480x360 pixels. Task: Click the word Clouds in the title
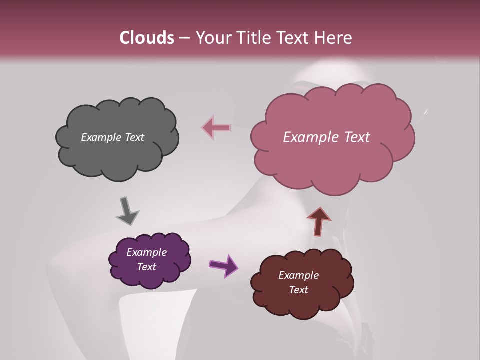146,37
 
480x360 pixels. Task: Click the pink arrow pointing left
216,128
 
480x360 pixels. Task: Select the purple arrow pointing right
224,265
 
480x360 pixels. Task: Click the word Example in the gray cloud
101,137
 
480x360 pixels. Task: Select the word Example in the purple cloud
146,252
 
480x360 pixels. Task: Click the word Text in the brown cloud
298,290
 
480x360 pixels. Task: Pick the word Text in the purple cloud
146,267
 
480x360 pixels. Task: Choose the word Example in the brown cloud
298,275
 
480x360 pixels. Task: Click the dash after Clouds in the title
184,37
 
